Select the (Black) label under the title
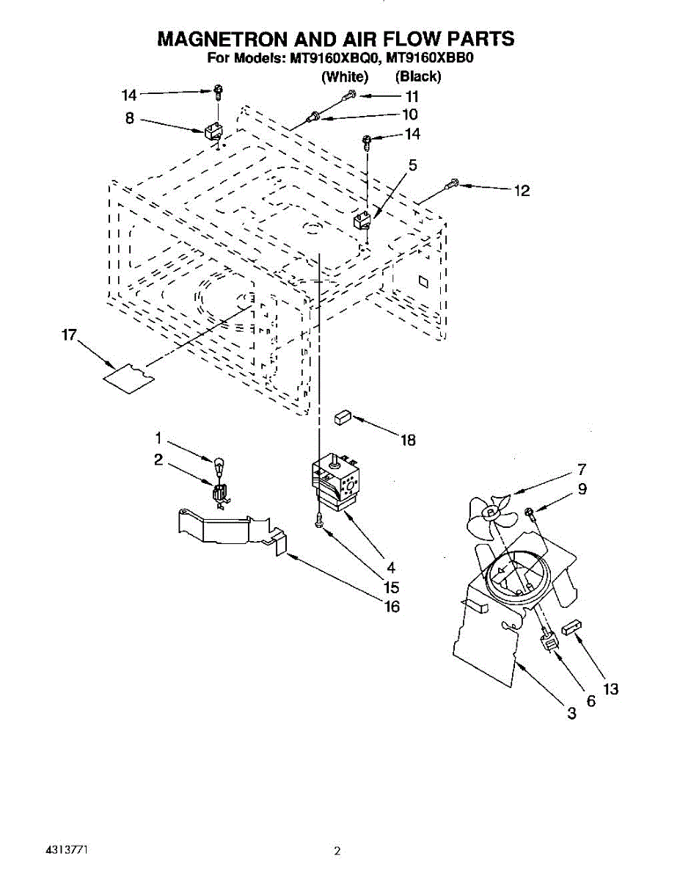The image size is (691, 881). pyautogui.click(x=417, y=76)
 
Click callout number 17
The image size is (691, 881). pyautogui.click(x=69, y=336)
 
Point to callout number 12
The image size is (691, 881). pyautogui.click(x=522, y=191)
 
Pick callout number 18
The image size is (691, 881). pyautogui.click(x=408, y=440)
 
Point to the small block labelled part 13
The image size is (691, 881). pyautogui.click(x=572, y=628)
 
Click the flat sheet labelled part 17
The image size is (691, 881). pyautogui.click(x=128, y=377)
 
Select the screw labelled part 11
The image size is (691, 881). pyautogui.click(x=351, y=95)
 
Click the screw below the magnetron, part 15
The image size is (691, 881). pyautogui.click(x=318, y=520)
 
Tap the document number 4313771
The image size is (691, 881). pyautogui.click(x=67, y=849)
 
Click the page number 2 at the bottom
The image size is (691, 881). pyautogui.click(x=337, y=852)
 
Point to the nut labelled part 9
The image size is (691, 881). pyautogui.click(x=530, y=511)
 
